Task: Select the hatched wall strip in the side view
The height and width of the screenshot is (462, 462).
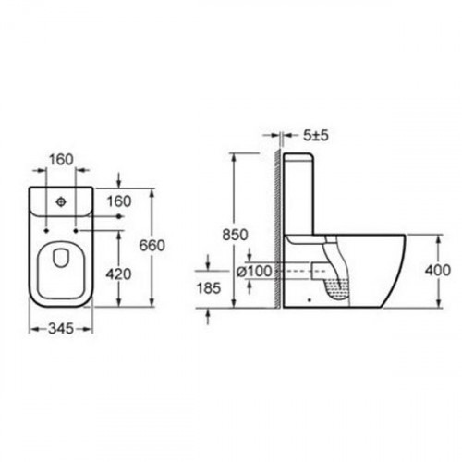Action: click(x=276, y=231)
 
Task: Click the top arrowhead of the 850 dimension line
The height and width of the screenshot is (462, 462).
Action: click(x=237, y=157)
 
